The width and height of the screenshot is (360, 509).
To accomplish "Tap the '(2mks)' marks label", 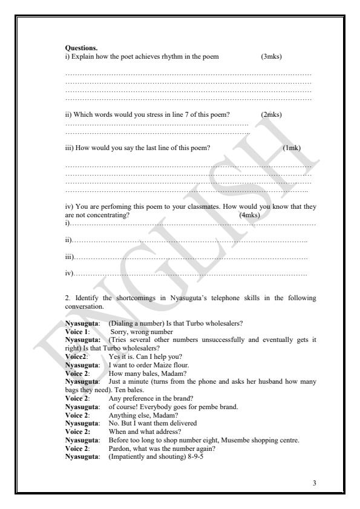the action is (271, 114).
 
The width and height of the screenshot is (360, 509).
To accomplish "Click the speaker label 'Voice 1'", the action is (77, 332).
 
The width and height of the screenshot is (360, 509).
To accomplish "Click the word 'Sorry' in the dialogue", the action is (119, 332).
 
